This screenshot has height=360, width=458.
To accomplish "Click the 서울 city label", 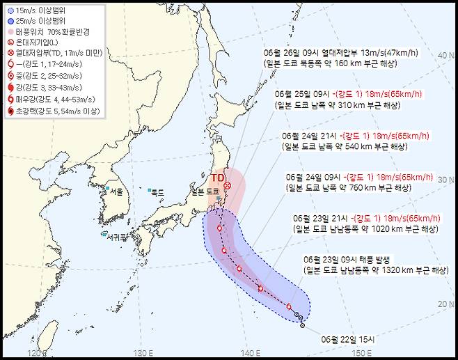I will pos(115,192).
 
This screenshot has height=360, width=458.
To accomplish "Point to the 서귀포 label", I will pos(117,235).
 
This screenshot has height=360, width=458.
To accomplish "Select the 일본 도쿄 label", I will pos(205,191).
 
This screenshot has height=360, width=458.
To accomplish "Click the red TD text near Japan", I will pos(218,178).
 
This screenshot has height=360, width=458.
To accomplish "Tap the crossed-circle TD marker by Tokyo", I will pos(227,185).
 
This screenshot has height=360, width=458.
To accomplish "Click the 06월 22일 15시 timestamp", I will pos(348,339).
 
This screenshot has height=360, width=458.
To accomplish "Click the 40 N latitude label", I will pos(445,55).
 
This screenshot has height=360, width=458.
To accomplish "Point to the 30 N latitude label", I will pos(445,180).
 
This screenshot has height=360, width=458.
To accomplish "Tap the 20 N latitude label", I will pos(445,304).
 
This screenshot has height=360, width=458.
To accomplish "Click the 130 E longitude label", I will pos(143,353).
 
